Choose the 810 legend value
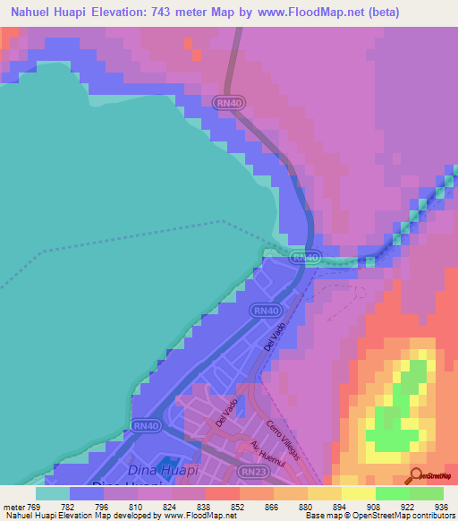(137, 506)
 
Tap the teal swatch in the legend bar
(52, 493)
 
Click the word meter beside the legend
(13, 506)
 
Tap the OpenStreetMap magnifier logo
(416, 475)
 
